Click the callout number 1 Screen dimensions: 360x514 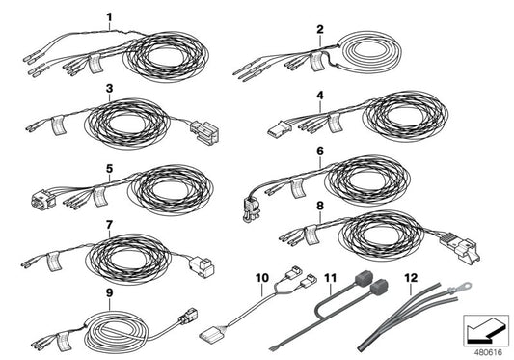click(x=109, y=17)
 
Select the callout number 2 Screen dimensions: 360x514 click(x=319, y=29)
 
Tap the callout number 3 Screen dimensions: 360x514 click(x=110, y=88)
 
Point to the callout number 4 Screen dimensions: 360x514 click(x=319, y=97)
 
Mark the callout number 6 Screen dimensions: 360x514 click(x=319, y=152)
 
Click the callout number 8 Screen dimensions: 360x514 click(x=319, y=206)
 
